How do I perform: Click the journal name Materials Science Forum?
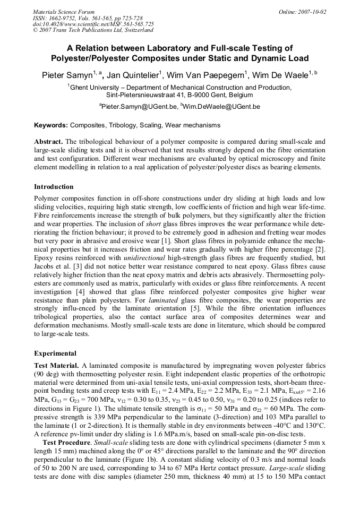click(64, 12)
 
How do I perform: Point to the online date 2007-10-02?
click(312, 12)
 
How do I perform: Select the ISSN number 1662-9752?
click(67, 18)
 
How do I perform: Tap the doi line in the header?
click(93, 24)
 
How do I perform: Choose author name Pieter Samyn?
click(67, 75)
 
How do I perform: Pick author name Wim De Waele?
click(279, 75)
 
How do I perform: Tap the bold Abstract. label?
click(48, 142)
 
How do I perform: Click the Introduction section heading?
click(54, 187)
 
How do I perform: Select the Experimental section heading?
click(55, 353)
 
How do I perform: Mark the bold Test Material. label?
click(57, 366)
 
